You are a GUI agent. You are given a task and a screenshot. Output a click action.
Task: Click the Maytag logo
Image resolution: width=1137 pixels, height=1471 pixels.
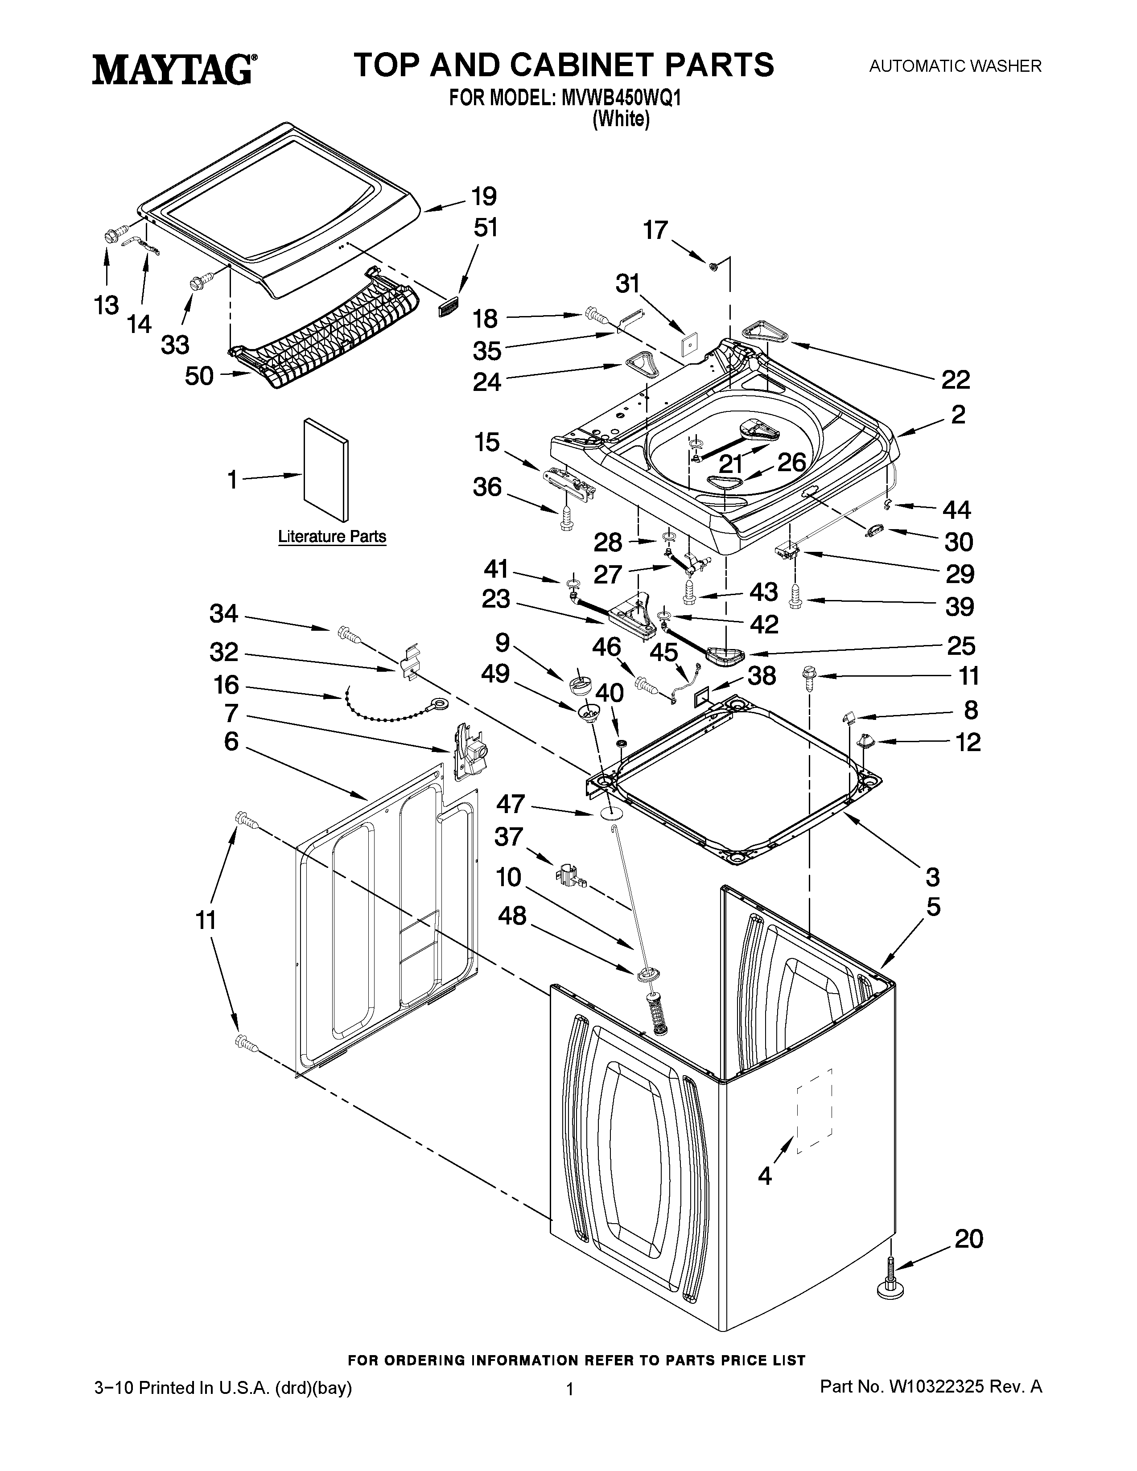pyautogui.click(x=173, y=70)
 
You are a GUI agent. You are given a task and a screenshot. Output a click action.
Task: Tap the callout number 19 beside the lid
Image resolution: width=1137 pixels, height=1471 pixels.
pyautogui.click(x=484, y=197)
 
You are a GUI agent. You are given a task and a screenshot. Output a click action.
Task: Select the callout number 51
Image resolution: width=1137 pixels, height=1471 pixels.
pyautogui.click(x=485, y=228)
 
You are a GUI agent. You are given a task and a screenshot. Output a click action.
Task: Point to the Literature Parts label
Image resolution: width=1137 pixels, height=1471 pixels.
pyautogui.click(x=332, y=537)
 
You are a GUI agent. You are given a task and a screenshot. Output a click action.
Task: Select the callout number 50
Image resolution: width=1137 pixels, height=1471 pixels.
pyautogui.click(x=199, y=376)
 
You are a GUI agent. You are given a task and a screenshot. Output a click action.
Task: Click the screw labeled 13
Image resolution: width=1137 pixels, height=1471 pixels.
pyautogui.click(x=111, y=236)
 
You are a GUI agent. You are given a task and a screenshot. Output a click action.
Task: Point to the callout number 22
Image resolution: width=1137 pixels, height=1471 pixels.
pyautogui.click(x=955, y=380)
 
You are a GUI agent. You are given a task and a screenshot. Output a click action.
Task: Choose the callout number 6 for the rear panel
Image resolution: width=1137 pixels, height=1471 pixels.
pyautogui.click(x=231, y=742)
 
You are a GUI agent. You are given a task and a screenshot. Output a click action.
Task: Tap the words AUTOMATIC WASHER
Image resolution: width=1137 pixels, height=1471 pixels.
pyautogui.click(x=955, y=66)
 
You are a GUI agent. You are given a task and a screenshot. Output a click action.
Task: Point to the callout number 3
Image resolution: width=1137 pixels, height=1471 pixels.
pyautogui.click(x=932, y=877)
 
